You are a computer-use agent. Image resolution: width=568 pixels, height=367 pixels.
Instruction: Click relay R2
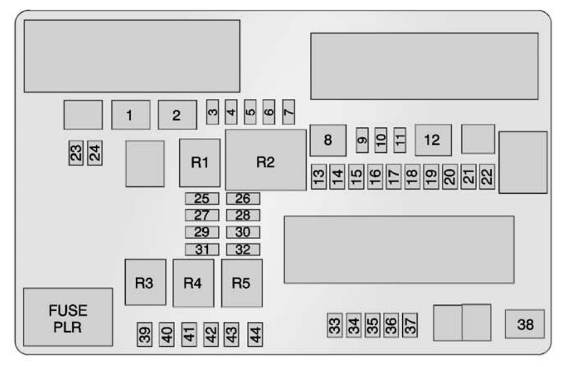[266, 160]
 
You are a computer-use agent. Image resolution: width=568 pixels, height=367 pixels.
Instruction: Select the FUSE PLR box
[68, 317]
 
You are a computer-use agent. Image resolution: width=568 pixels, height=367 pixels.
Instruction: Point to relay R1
[200, 163]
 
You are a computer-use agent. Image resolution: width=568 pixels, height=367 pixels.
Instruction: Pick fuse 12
[433, 140]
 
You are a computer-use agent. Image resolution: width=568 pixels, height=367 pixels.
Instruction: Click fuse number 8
[328, 140]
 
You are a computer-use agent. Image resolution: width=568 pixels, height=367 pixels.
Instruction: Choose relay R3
[145, 282]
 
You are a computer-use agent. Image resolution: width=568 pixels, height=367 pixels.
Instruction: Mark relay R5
[242, 283]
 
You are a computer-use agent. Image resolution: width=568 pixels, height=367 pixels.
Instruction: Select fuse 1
[131, 115]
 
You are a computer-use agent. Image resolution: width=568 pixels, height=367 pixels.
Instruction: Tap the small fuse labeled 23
[76, 153]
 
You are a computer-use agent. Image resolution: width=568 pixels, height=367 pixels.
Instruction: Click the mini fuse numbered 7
[288, 111]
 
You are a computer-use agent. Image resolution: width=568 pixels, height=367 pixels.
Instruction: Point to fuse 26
[243, 198]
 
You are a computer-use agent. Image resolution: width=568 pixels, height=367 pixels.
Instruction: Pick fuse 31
[202, 250]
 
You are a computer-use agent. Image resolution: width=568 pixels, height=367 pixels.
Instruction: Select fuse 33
[335, 326]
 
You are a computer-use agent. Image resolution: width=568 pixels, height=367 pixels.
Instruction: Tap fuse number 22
[487, 178]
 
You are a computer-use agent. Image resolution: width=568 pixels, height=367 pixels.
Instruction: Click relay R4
[193, 283]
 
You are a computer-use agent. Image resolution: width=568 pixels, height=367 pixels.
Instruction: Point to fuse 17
[393, 178]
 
